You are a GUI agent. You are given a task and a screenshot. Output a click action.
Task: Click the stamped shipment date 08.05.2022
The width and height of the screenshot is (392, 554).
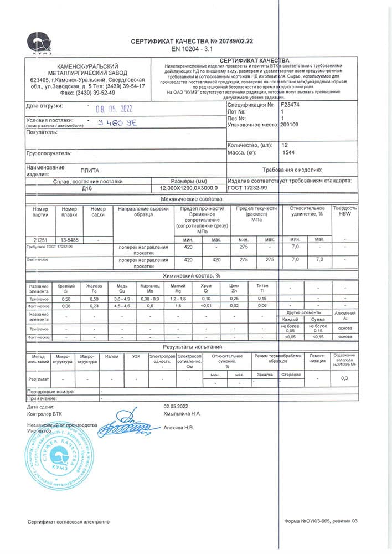click(x=114, y=109)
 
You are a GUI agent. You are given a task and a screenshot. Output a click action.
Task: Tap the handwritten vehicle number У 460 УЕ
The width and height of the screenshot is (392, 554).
click(x=117, y=123)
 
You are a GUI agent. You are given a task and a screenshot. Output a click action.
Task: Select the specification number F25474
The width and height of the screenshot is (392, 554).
click(x=291, y=104)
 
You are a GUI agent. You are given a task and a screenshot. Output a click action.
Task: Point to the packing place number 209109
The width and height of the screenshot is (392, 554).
click(x=291, y=125)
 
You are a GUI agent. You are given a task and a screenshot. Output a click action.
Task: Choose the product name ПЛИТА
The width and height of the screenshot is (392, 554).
click(x=90, y=171)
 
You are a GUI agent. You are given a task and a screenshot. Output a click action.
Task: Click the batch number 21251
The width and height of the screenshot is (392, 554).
click(x=40, y=239)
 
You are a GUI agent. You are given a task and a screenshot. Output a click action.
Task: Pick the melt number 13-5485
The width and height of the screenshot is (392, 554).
click(x=69, y=239)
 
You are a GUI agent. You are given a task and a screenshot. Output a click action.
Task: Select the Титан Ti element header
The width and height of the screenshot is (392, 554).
click(x=262, y=288)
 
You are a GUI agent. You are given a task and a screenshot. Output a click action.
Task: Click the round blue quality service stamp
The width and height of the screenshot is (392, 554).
click(x=54, y=455)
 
